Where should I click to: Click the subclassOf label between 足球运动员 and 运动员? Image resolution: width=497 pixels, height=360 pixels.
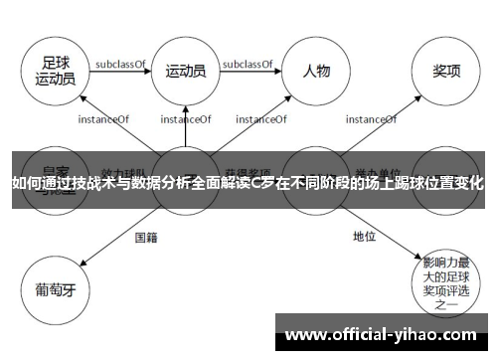coord(120,64)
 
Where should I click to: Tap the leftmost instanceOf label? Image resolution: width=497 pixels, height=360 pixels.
coord(102,120)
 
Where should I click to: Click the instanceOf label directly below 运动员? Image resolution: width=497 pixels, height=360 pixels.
coord(185,120)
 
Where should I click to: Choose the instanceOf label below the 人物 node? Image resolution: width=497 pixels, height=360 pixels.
coord(262,120)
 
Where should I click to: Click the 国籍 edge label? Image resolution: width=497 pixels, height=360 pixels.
coord(146,237)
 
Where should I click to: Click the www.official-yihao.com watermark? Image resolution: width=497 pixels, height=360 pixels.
coord(382,333)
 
